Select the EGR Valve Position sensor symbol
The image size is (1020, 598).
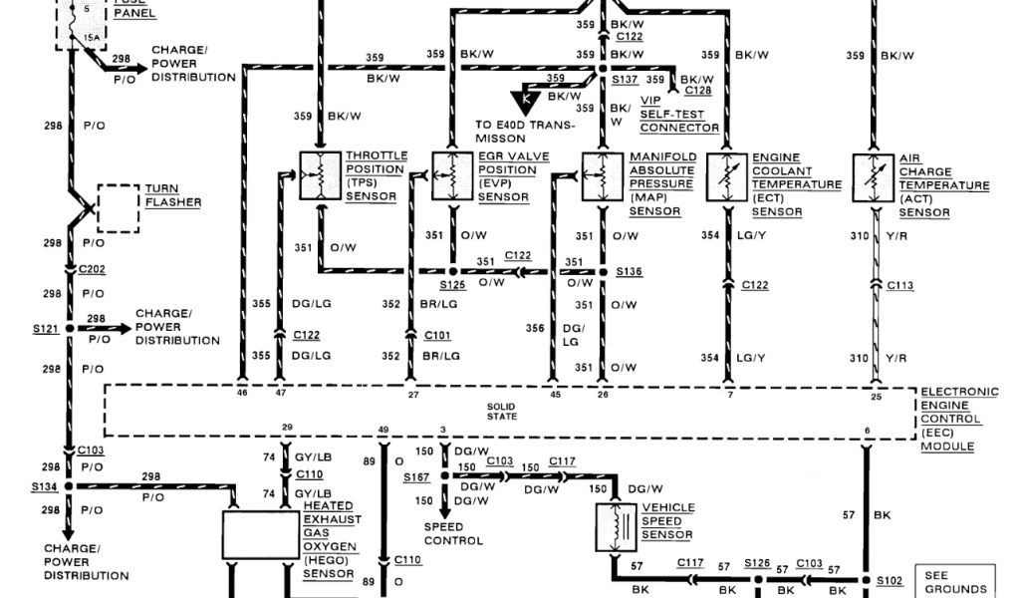[x=452, y=175]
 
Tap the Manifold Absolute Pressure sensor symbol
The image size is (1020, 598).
[x=602, y=175]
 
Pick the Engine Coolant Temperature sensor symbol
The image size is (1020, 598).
[x=726, y=175]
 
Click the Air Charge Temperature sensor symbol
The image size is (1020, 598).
[x=875, y=175]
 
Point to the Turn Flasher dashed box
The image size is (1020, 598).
[x=119, y=207]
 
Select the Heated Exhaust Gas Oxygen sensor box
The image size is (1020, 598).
[x=259, y=536]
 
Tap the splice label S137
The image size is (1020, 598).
[x=626, y=78]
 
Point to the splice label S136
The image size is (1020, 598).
[x=629, y=271]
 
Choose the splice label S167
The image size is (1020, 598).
[x=416, y=477]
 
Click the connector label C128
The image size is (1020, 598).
[x=697, y=91]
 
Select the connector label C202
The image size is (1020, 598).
[x=92, y=269]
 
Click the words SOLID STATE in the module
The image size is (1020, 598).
[x=502, y=411]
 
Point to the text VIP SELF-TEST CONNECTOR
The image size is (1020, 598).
[x=678, y=115]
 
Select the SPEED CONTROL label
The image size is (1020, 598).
[x=453, y=533]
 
